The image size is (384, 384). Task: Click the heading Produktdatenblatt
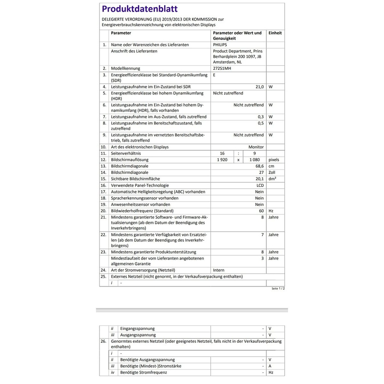[x=140, y=9]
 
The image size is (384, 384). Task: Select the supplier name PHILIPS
[x=220, y=45]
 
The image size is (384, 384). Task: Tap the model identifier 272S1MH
[x=222, y=69]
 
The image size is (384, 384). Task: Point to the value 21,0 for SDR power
[x=259, y=87]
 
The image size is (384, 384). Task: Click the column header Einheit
[x=275, y=33]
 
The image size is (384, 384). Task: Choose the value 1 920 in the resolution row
[x=222, y=160]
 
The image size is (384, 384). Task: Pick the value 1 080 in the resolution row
[x=255, y=160]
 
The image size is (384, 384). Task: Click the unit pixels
[x=274, y=160]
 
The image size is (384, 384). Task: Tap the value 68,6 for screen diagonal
[x=259, y=166]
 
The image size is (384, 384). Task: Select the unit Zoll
[x=272, y=172]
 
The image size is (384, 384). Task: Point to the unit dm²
[x=272, y=179]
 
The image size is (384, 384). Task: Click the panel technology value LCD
[x=260, y=185]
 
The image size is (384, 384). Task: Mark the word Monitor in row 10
[x=256, y=147]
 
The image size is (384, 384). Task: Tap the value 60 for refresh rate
[x=261, y=211]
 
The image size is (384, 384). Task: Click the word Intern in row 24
[x=219, y=270]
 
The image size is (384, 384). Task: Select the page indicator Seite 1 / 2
[x=278, y=288]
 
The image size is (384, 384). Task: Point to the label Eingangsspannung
[x=137, y=328]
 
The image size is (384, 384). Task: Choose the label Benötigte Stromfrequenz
[x=144, y=372]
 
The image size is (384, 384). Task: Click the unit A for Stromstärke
[x=270, y=366]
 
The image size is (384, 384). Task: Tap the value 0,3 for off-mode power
[x=261, y=117]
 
